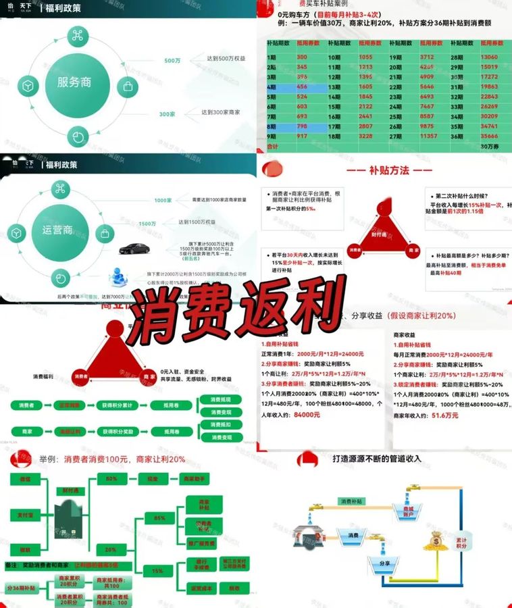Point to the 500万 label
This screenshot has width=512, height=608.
[172, 61]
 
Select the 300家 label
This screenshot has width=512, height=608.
[167, 113]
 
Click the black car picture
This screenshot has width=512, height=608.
[134, 249]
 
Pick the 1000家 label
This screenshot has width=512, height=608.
[163, 201]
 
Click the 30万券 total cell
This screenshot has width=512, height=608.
[491, 147]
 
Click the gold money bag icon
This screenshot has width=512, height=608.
[432, 540]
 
